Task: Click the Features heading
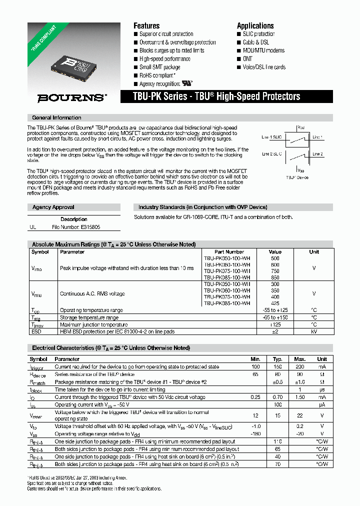[146, 26]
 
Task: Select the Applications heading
[255, 26]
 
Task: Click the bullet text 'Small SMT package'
[159, 67]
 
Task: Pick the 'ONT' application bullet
[248, 59]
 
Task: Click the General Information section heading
[56, 118]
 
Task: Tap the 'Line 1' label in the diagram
[317, 137]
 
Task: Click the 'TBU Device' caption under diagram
[297, 177]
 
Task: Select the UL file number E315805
[76, 227]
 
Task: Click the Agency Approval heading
[53, 207]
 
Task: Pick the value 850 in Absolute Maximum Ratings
[275, 277]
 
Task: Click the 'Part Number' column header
[229, 252]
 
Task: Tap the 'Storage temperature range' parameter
[89, 317]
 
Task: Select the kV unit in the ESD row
[313, 331]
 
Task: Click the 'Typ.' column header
[277, 359]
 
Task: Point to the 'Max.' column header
[300, 359]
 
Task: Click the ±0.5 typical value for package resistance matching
[277, 382]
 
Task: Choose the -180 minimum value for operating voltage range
[255, 434]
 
